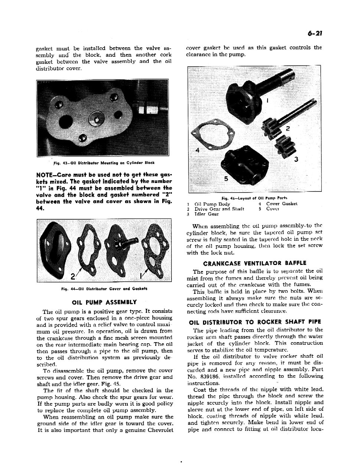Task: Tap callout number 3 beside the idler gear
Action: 296,160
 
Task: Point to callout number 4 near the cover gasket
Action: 197,150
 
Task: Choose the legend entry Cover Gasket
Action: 282,204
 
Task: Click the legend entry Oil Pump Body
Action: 212,204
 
